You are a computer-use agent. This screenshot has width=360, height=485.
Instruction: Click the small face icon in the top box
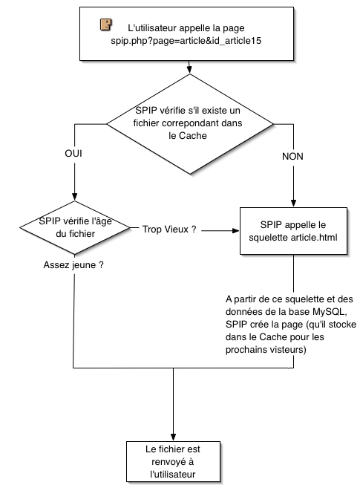(105, 25)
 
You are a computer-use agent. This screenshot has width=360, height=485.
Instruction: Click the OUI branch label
(73, 154)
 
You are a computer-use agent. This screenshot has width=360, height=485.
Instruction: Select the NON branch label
(292, 157)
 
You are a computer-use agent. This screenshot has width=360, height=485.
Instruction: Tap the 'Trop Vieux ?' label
(169, 230)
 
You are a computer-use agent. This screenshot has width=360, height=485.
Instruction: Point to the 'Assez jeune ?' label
(73, 265)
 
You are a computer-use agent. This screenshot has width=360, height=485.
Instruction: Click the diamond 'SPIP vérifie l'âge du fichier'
(75, 228)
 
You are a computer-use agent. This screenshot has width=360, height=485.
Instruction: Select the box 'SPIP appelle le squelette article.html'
(293, 231)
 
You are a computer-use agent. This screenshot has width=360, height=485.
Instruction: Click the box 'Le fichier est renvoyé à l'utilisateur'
(174, 462)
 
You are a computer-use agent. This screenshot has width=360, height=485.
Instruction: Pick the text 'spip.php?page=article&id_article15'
(186, 41)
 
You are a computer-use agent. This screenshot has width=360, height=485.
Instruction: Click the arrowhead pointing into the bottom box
(174, 437)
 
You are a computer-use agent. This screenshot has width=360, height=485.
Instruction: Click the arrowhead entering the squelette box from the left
(236, 230)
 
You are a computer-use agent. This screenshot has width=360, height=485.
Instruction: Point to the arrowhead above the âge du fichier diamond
(74, 197)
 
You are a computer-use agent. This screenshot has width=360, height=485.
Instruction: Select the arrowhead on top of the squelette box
(293, 204)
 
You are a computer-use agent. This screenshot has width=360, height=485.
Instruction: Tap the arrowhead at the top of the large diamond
(190, 70)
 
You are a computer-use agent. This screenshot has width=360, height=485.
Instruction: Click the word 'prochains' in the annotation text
(244, 350)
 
